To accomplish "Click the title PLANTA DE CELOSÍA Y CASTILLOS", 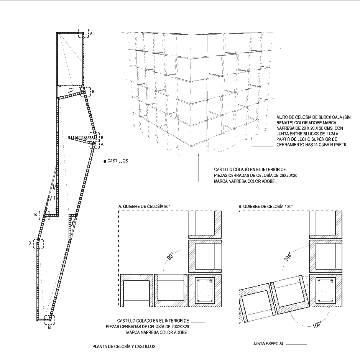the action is point(124,347).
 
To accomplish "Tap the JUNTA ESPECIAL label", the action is point(268,344).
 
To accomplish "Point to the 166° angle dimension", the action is point(317,325).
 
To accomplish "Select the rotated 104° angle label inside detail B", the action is point(288,256).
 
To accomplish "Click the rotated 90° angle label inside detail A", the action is point(170,256).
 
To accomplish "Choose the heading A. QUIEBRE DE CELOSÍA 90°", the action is point(144,206).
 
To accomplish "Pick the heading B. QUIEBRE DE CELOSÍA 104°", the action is point(265,206).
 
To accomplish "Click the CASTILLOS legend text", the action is point(118,161).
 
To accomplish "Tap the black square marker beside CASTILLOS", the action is point(105,161).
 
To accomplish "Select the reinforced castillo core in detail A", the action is point(205,290).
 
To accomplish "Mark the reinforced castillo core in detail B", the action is point(325,290).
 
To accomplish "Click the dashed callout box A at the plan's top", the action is point(84,33).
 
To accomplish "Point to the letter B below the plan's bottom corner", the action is point(49,327).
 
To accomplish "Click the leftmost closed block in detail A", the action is point(136,290).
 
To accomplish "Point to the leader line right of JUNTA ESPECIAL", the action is point(296,344).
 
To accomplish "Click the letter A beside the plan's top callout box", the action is point(91,33).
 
